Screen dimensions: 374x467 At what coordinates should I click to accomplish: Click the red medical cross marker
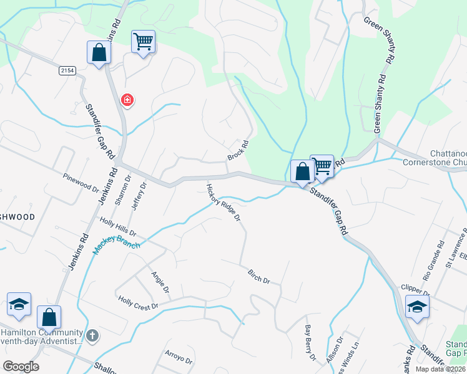[127, 100]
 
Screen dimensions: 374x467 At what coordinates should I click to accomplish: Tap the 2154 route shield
[67, 71]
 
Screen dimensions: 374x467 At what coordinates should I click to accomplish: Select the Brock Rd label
[238, 150]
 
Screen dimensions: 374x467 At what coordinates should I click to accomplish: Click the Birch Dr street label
[258, 276]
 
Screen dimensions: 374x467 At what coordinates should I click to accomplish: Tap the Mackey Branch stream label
[117, 237]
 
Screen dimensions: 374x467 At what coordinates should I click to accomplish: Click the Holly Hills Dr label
[119, 228]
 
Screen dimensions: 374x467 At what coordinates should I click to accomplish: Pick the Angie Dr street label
[159, 281]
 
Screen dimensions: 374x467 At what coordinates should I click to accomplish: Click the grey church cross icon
[92, 336]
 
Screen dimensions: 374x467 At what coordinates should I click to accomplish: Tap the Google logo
[20, 367]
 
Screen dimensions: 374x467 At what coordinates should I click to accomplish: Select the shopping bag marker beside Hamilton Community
[49, 317]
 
